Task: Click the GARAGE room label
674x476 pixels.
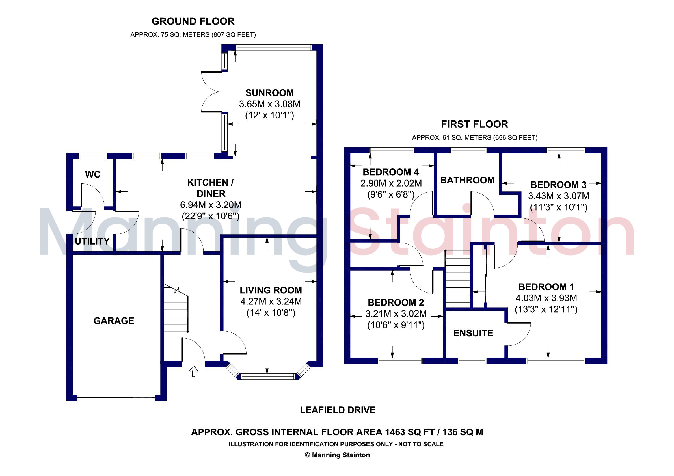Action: coord(114,321)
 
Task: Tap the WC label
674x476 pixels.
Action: coord(92,174)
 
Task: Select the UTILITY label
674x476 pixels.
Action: coord(92,241)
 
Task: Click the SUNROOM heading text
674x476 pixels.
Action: coord(269,93)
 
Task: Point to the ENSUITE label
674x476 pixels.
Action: coord(473,333)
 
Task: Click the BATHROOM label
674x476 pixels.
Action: coord(467,180)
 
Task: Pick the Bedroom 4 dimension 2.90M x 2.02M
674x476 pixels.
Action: coord(391,183)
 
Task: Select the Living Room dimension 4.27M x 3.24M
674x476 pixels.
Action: coord(271,301)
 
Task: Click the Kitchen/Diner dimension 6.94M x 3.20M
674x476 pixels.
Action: coord(211,205)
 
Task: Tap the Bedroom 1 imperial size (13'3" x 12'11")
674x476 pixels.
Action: coord(546,309)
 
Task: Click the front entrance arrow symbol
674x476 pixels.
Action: coord(193,371)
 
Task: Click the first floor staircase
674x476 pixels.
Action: coord(458,279)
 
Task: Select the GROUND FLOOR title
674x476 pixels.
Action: coord(193,21)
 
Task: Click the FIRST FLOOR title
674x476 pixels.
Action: coord(474,124)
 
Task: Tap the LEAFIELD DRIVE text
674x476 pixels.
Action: coord(338,410)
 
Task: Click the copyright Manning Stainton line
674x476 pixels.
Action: coord(337,455)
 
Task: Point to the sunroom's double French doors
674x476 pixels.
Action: coord(212,92)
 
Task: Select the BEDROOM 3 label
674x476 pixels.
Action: coord(558,185)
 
